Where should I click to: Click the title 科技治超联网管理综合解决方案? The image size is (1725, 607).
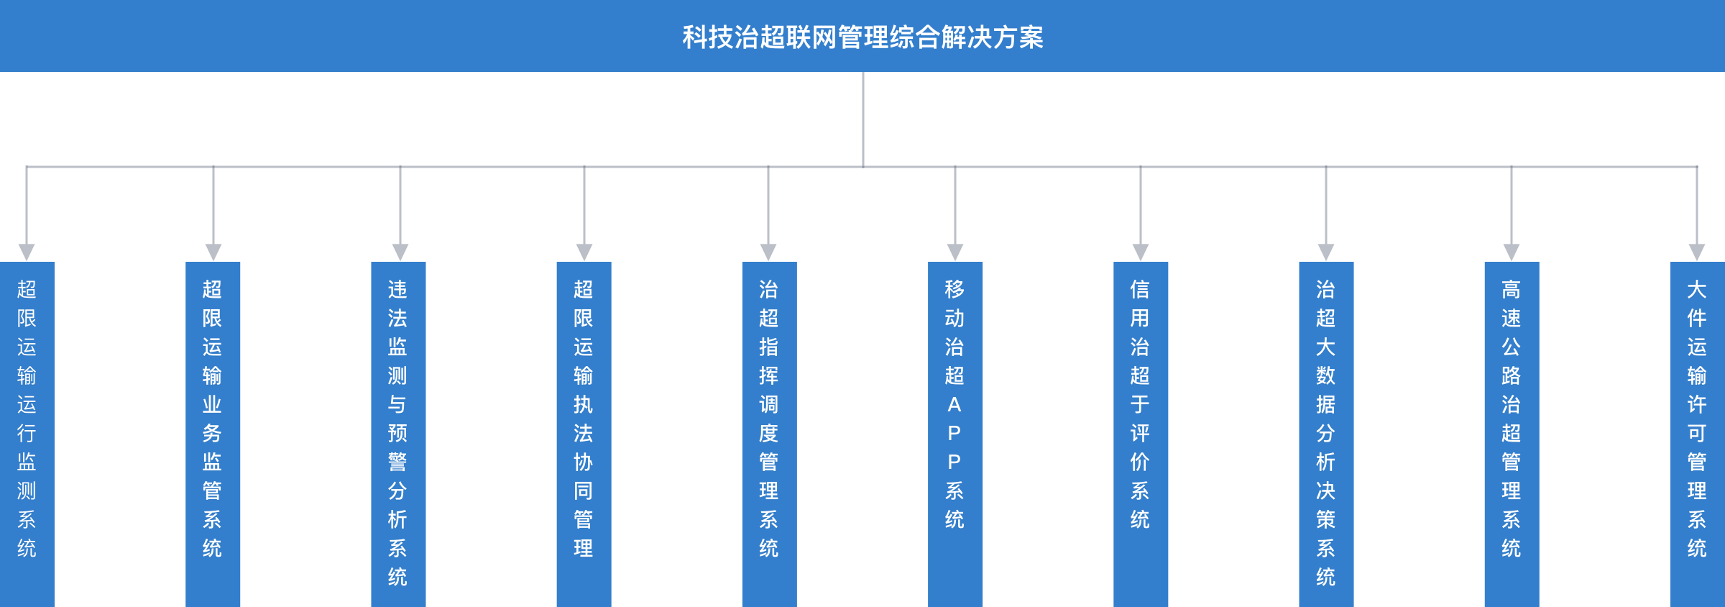pos(862,37)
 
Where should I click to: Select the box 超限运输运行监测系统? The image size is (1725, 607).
pos(27,432)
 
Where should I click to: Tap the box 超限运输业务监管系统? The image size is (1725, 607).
pos(213,432)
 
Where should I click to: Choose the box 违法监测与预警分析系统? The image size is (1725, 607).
pos(398,432)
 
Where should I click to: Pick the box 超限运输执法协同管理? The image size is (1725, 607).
pos(584,432)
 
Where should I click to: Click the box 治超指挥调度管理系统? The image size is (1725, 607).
pos(769,432)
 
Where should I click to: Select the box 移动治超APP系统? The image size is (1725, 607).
pos(955,432)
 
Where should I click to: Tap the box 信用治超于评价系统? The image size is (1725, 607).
pos(1141,432)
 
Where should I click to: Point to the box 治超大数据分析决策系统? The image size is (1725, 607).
pos(1326,432)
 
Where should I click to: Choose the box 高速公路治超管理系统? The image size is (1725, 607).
pos(1512,432)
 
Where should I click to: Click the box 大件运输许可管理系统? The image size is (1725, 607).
pos(1697,432)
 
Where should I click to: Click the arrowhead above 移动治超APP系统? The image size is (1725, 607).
pos(955,252)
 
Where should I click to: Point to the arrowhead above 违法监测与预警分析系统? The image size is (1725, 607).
pos(400,252)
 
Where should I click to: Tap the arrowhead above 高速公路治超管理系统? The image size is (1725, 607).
pos(1512,252)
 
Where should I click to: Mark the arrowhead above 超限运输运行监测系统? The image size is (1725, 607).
pos(27,252)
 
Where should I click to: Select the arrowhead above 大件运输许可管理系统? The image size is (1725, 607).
pos(1697,252)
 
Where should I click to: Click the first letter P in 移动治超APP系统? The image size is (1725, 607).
pos(954,434)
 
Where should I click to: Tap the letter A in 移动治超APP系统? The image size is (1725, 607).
pos(954,405)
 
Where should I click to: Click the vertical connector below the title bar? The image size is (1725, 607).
pos(863,119)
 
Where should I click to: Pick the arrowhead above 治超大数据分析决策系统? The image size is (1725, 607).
pos(1326,252)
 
